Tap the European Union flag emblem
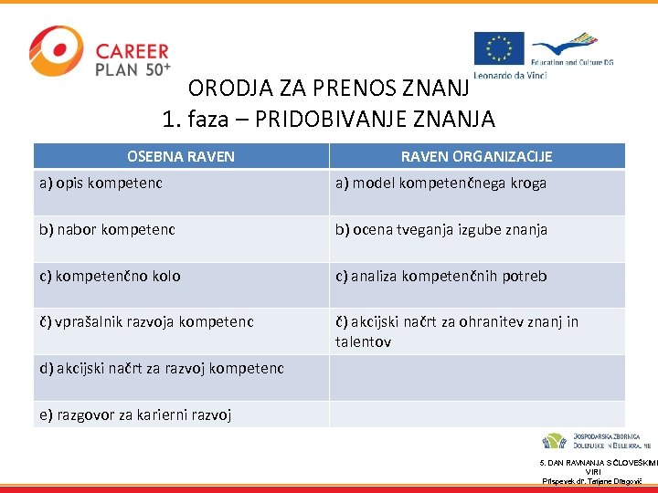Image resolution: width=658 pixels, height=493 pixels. point(498,49)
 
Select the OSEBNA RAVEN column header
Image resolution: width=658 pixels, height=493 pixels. point(181,156)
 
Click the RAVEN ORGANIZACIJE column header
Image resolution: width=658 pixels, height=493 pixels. point(476,156)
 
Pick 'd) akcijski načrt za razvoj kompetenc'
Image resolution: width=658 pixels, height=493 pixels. point(162,368)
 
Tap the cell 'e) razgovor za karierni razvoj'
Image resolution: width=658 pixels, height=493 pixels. point(135,414)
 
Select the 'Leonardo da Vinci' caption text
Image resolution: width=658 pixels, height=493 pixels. point(510,74)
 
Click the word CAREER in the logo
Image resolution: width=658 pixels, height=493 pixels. point(133,52)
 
